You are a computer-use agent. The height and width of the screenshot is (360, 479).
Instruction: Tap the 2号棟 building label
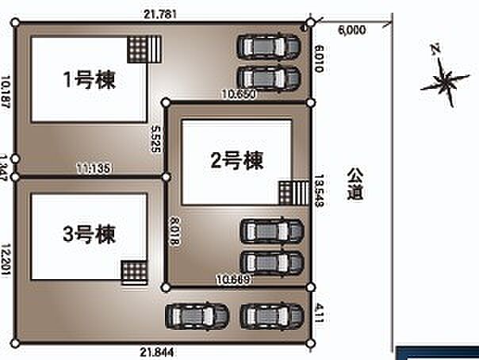pyautogui.click(x=236, y=159)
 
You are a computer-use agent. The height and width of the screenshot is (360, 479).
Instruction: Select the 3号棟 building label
pyautogui.click(x=88, y=234)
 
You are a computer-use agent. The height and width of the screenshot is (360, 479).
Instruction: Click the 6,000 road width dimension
pyautogui.click(x=351, y=30)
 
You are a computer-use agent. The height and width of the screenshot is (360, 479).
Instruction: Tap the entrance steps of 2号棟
pyautogui.click(x=292, y=193)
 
